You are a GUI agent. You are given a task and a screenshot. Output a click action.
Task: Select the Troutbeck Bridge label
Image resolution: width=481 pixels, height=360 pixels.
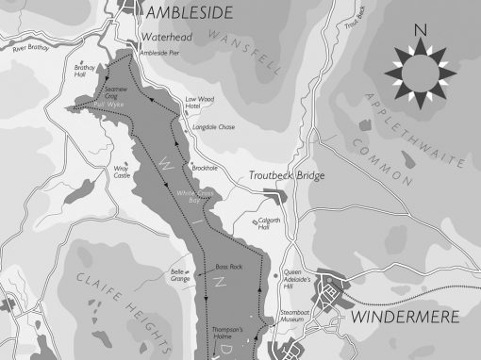(x=286, y=176)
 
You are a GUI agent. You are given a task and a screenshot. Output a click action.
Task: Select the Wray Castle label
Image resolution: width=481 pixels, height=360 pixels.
(x=121, y=172)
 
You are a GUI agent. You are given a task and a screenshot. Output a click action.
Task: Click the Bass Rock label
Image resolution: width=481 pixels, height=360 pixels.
(x=229, y=267)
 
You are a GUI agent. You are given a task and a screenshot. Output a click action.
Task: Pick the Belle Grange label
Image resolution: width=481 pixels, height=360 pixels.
(x=180, y=275)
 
